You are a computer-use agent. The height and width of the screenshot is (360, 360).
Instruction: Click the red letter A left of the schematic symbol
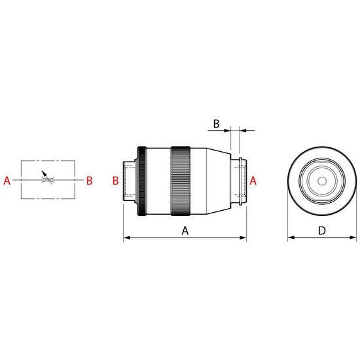click(7, 181)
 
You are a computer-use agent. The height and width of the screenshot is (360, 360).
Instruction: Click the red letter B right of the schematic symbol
click(89, 181)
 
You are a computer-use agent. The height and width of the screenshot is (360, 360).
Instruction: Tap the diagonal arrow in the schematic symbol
click(46, 177)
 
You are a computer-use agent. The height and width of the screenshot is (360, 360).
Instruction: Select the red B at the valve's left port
click(115, 181)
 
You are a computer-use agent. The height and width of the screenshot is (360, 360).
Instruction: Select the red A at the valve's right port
click(253, 181)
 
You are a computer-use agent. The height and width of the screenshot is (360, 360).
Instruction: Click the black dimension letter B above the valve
click(216, 124)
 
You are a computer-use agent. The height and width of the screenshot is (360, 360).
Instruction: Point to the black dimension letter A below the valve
click(185, 231)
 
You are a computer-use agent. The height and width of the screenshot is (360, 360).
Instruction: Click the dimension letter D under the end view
click(322, 230)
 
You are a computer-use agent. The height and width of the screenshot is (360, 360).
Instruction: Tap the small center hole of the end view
click(322, 181)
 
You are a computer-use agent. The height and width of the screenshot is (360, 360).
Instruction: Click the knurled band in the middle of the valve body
click(181, 181)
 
